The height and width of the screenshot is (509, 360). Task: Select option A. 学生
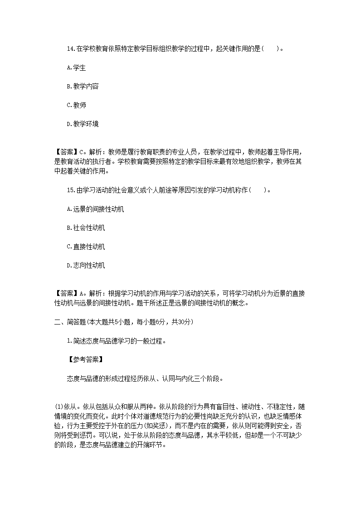[76, 68]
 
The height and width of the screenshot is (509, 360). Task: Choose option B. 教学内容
[83, 86]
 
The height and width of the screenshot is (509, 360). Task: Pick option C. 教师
[76, 105]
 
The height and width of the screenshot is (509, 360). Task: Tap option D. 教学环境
[83, 124]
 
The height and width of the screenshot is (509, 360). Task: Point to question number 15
[70, 190]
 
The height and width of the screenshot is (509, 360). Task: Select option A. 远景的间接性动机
[95, 209]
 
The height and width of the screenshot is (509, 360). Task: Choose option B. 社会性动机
[86, 228]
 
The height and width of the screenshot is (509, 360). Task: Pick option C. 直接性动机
[86, 247]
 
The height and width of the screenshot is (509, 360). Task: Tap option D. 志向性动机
[86, 265]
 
